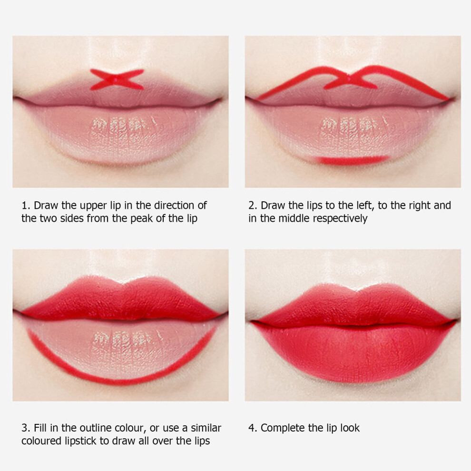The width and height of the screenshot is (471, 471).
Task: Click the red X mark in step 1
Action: (x=117, y=79)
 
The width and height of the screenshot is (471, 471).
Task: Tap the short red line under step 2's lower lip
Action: (x=353, y=160)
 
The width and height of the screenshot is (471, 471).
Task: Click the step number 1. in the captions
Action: (x=26, y=206)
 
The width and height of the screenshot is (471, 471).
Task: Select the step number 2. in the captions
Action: (x=253, y=206)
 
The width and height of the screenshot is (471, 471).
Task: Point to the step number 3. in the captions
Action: (x=26, y=428)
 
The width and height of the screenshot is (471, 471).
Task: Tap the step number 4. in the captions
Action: (x=253, y=428)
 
